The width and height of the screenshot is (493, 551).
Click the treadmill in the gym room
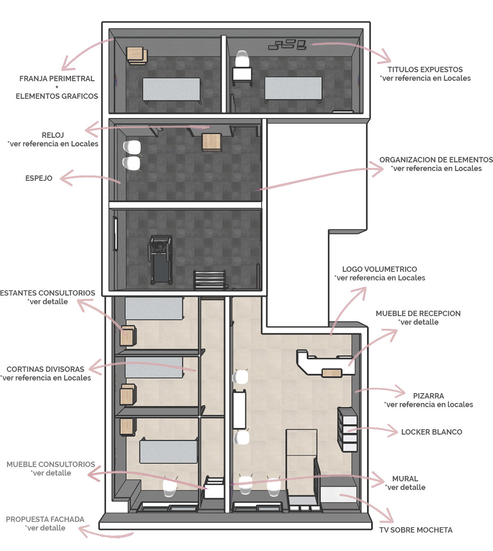point(160,260)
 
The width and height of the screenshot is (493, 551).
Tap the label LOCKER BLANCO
point(431,432)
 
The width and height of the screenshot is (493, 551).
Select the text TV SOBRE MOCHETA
point(416,530)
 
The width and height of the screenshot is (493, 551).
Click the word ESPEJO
point(39,178)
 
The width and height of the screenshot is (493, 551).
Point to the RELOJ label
point(53,135)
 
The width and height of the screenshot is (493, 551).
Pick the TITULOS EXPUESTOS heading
point(425,70)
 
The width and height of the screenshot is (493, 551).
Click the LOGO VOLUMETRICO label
point(380,269)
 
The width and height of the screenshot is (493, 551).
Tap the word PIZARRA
point(428,396)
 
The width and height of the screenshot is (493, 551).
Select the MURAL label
point(405,478)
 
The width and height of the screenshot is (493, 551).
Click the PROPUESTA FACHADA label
point(45,519)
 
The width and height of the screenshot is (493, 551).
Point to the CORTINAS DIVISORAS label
point(45,369)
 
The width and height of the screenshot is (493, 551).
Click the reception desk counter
point(325,363)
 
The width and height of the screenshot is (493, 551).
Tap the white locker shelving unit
point(347,429)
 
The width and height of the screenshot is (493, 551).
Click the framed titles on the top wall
point(288,45)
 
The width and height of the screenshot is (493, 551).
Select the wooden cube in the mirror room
point(212,142)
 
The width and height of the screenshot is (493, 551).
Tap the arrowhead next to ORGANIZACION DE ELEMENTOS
point(378,169)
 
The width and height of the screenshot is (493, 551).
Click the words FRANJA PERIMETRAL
point(57,78)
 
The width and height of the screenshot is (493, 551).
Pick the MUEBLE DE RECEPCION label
point(418,313)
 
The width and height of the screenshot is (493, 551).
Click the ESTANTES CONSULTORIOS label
point(47,293)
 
